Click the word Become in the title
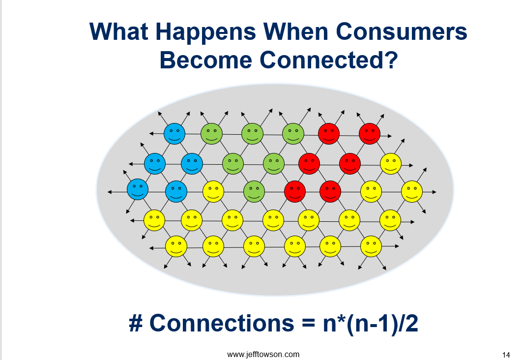205,60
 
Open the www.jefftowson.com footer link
263,354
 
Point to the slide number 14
506,355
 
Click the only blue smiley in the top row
174,133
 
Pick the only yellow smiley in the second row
391,163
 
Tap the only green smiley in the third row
254,191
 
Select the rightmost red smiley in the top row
370,133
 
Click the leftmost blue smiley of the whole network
138,189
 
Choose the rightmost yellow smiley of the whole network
412,191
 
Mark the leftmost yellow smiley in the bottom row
176,246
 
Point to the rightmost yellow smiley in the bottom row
371,246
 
